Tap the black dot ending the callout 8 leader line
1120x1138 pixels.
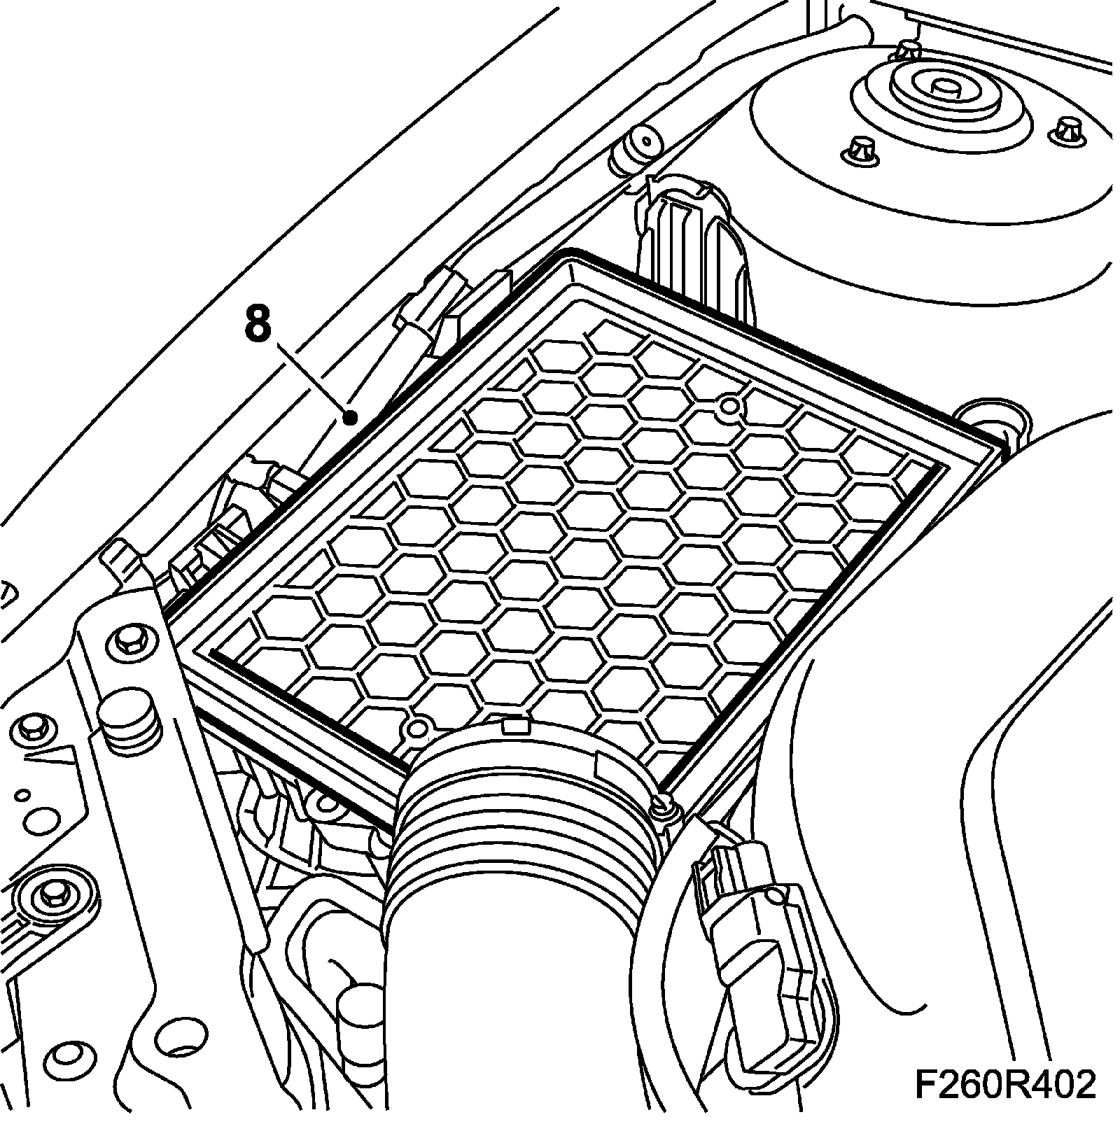tap(351, 418)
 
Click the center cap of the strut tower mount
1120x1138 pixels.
tap(942, 89)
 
